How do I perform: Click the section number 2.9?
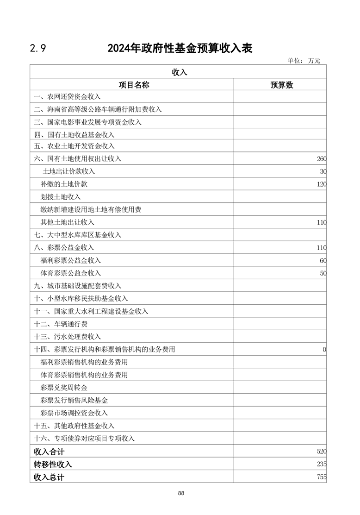[37, 48]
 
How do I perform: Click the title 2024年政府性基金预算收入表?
[180, 48]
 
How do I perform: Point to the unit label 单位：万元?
[304, 61]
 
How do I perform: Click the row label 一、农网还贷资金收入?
[67, 97]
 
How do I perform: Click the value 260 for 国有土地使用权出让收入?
[322, 159]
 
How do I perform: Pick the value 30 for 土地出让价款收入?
[323, 171]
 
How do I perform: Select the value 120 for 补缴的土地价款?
[322, 184]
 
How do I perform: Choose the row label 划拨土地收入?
[61, 197]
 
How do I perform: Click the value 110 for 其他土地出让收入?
[322, 222]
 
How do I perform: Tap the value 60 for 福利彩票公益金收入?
[323, 260]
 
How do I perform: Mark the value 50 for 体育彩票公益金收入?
[323, 273]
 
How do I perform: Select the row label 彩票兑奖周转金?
[64, 387]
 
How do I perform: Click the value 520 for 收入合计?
[322, 451]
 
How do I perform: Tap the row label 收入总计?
[49, 477]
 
